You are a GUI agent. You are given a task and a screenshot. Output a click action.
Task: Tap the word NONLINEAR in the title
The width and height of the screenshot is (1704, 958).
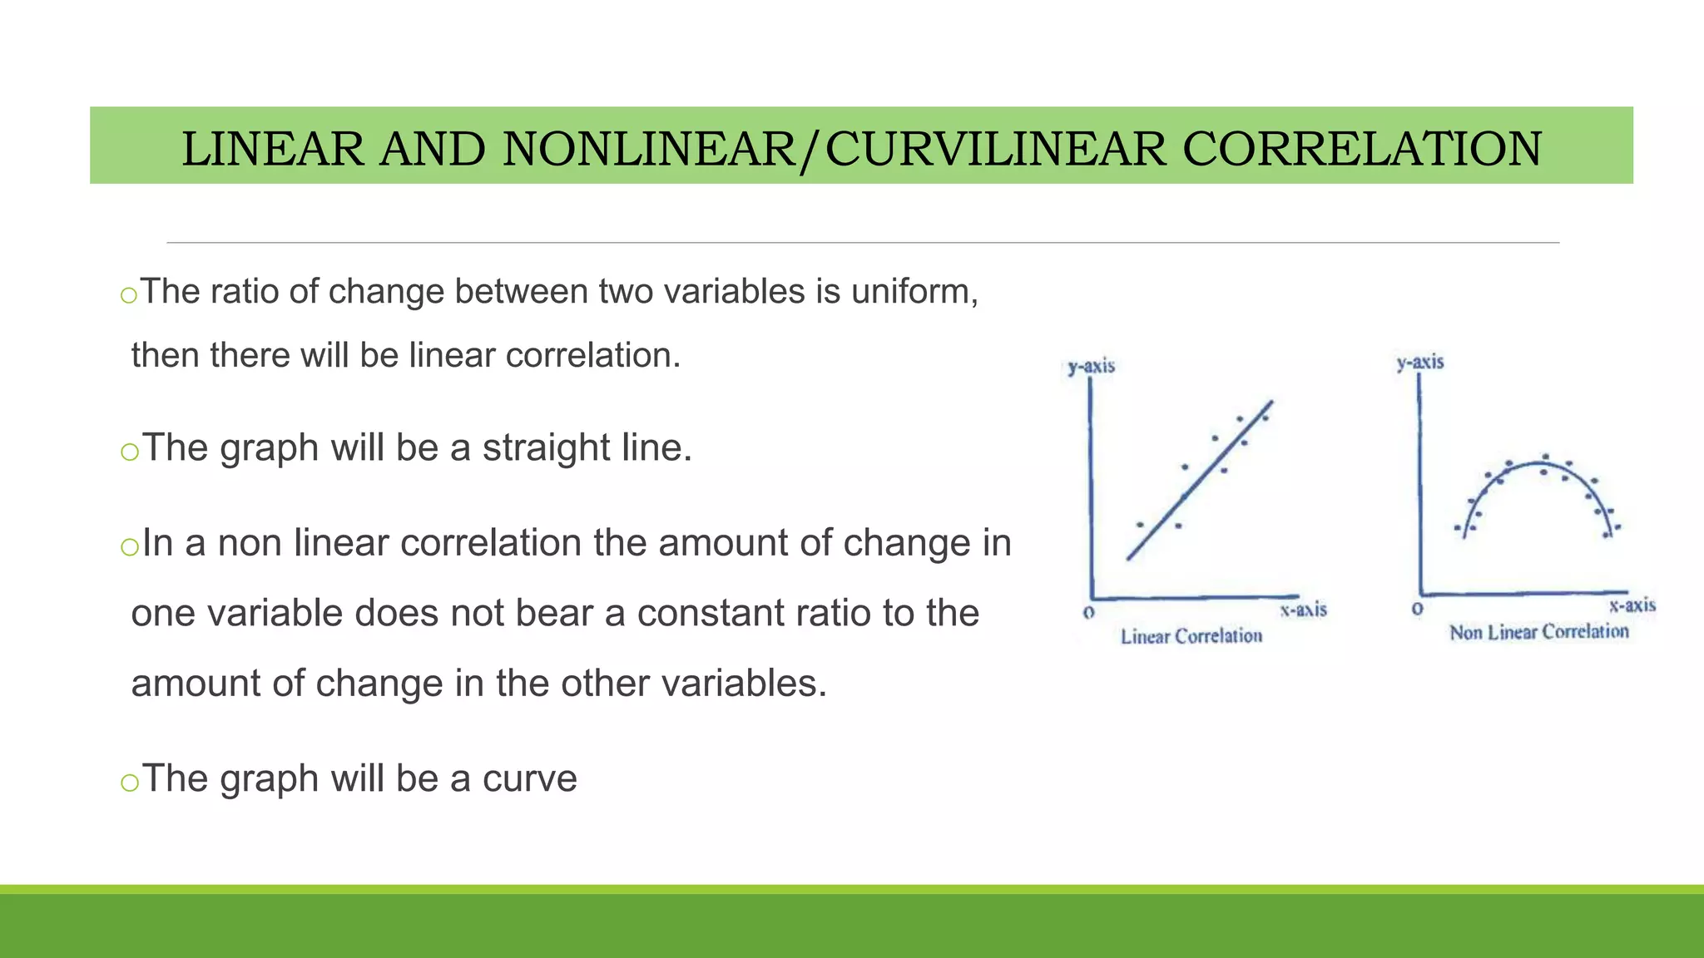pyautogui.click(x=649, y=150)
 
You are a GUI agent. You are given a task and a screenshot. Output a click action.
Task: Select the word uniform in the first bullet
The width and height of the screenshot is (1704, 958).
pyautogui.click(x=912, y=292)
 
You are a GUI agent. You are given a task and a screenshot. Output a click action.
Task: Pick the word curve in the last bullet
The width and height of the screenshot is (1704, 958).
pyautogui.click(x=530, y=779)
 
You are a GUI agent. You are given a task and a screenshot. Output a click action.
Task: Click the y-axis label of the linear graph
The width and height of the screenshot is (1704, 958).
pyautogui.click(x=1091, y=367)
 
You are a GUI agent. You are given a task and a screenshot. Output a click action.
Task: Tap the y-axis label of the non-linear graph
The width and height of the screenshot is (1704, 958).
pyautogui.click(x=1420, y=363)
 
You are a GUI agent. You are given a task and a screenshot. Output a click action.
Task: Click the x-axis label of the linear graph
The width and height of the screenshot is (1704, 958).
pyautogui.click(x=1303, y=610)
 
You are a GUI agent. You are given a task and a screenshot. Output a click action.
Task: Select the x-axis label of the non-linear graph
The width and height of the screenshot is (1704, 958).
pyautogui.click(x=1632, y=606)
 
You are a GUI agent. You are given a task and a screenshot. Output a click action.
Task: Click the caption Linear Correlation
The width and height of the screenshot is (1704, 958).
pyautogui.click(x=1191, y=637)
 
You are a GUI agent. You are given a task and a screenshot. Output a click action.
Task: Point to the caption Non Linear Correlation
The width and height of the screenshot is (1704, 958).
pyautogui.click(x=1539, y=633)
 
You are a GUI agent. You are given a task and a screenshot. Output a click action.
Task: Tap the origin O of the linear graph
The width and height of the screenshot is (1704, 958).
pyautogui.click(x=1088, y=613)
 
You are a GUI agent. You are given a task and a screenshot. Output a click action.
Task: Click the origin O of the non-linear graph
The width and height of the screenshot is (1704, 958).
pyautogui.click(x=1418, y=609)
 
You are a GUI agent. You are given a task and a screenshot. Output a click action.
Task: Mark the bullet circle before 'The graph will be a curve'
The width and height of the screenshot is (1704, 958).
pyautogui.click(x=128, y=783)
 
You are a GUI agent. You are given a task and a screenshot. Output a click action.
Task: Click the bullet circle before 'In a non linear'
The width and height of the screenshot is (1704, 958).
pyautogui.click(x=128, y=546)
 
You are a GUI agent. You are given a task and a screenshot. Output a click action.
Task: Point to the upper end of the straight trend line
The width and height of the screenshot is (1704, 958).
pyautogui.click(x=1271, y=403)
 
